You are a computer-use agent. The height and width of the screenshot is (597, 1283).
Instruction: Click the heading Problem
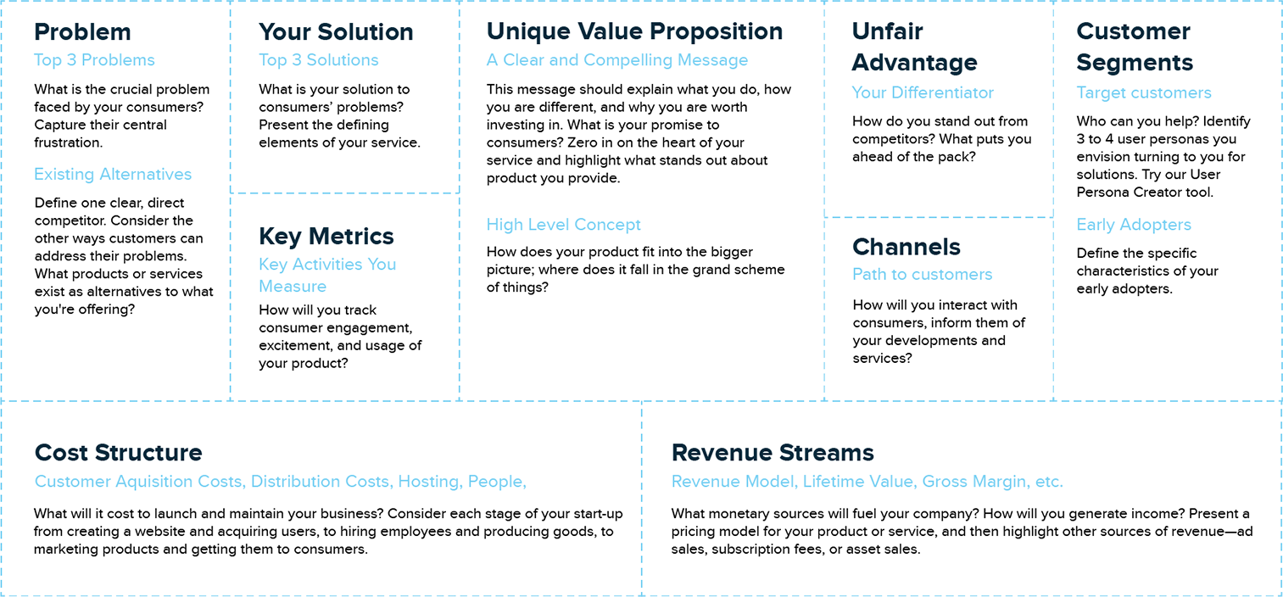(82, 32)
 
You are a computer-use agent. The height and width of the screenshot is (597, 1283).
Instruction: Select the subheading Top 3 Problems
(94, 60)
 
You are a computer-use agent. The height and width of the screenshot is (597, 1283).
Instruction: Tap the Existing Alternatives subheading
(113, 174)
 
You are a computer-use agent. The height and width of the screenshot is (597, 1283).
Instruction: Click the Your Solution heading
(336, 32)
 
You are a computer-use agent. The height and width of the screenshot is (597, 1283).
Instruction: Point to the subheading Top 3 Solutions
(319, 60)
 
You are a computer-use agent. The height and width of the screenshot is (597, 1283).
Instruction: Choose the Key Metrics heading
(326, 236)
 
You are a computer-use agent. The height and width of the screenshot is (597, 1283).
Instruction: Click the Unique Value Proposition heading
(634, 32)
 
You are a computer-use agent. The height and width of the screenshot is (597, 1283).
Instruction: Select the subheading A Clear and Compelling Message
(617, 60)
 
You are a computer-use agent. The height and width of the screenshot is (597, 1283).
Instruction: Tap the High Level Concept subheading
(564, 225)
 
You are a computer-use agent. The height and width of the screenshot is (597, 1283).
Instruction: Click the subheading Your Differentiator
(923, 92)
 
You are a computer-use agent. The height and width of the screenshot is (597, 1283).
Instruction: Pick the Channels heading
(906, 247)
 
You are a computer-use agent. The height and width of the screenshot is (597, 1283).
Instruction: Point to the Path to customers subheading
(922, 275)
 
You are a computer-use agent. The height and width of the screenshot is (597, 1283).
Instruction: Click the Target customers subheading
(1144, 92)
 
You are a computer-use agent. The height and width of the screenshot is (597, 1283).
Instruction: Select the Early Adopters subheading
(1134, 225)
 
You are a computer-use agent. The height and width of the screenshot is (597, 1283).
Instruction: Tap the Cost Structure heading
(119, 453)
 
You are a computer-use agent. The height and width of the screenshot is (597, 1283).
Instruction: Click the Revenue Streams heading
(773, 453)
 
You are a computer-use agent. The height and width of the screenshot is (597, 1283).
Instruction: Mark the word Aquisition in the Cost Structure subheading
(179, 482)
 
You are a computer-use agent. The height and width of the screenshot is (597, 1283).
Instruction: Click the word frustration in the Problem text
(69, 142)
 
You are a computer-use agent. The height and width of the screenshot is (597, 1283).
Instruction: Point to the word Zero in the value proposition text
(581, 142)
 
